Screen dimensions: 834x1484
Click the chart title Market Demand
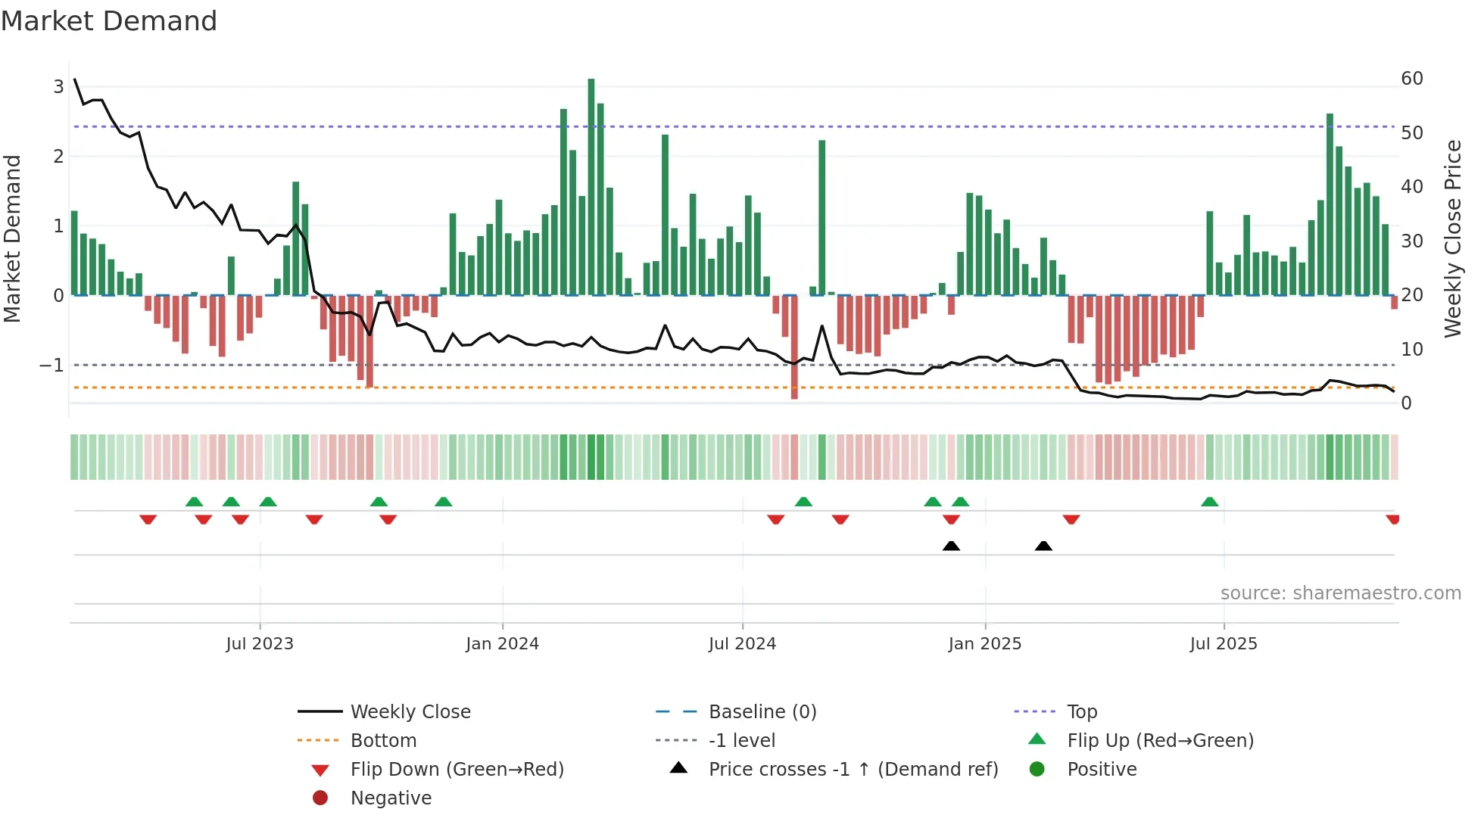109,21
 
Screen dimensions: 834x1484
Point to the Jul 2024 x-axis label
742,644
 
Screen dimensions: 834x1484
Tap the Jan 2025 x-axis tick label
984,644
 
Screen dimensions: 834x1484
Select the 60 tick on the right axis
1411,79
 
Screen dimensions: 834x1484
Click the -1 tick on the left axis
52,366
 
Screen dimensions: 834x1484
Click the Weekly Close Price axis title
1452,238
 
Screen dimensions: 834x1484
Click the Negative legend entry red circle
320,798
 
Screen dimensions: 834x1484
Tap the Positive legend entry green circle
1037,770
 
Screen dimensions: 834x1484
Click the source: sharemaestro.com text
1340,593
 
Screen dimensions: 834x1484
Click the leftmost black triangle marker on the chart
951,546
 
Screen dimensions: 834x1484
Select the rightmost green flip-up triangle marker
1210,502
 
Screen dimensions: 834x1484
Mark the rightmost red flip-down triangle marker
1392,519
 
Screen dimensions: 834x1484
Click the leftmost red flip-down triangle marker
148,519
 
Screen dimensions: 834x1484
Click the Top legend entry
1081,712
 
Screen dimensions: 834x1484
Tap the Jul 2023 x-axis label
260,644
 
